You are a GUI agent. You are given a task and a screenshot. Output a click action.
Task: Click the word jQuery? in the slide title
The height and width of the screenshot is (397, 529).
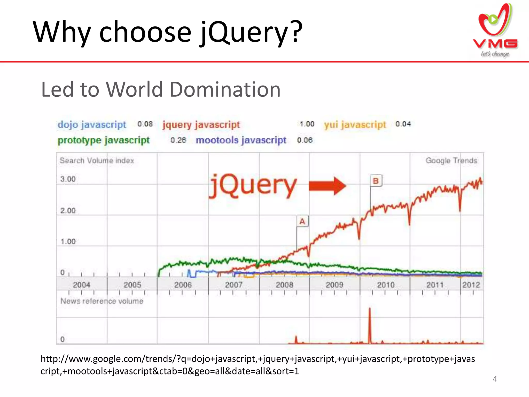point(251,32)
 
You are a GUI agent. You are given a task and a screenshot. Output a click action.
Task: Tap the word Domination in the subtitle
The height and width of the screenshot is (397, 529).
point(225,89)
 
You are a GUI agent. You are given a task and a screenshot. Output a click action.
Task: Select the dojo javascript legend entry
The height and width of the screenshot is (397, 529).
point(92,125)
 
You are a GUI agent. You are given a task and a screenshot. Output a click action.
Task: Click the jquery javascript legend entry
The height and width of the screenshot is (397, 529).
point(201,125)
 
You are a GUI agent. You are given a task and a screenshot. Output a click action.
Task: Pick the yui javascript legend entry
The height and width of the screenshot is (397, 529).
point(355,125)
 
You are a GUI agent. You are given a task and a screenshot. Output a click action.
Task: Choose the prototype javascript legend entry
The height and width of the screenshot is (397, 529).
point(104,140)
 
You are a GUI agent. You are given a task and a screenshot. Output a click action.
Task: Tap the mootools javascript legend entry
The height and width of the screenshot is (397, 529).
point(241,140)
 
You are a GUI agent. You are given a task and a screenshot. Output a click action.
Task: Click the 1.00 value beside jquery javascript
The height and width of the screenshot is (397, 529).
point(307,124)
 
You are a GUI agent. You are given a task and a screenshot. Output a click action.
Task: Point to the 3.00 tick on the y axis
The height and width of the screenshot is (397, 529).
point(68,179)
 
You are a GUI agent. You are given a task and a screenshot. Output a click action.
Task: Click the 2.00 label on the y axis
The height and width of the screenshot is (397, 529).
point(68,210)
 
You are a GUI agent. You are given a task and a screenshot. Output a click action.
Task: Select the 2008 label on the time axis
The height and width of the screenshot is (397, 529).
point(284,285)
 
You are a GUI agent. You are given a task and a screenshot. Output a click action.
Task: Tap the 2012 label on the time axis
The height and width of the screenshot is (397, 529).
point(471,285)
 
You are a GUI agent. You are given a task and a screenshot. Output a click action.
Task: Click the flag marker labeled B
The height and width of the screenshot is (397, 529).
point(376,181)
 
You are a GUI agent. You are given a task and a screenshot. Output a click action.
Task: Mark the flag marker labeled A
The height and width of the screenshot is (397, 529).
point(302,222)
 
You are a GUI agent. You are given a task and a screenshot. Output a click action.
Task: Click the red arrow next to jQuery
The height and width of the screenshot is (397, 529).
point(327,186)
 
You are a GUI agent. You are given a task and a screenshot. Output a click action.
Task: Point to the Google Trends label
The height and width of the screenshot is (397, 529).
point(451,161)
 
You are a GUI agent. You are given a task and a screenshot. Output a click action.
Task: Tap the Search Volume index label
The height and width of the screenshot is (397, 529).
point(97,161)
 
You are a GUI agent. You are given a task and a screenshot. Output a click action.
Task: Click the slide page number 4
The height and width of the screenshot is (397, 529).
point(495,379)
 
